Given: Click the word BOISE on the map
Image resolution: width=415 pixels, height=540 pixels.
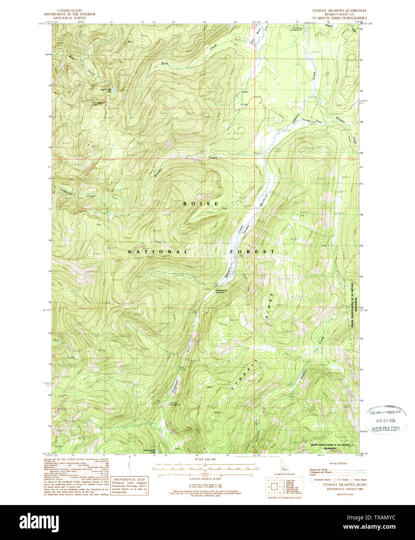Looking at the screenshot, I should click(x=201, y=204).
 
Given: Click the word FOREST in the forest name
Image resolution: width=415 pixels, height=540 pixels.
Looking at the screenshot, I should click(x=252, y=252).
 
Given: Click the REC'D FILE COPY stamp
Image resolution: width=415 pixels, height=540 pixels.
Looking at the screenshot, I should click(x=385, y=429).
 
